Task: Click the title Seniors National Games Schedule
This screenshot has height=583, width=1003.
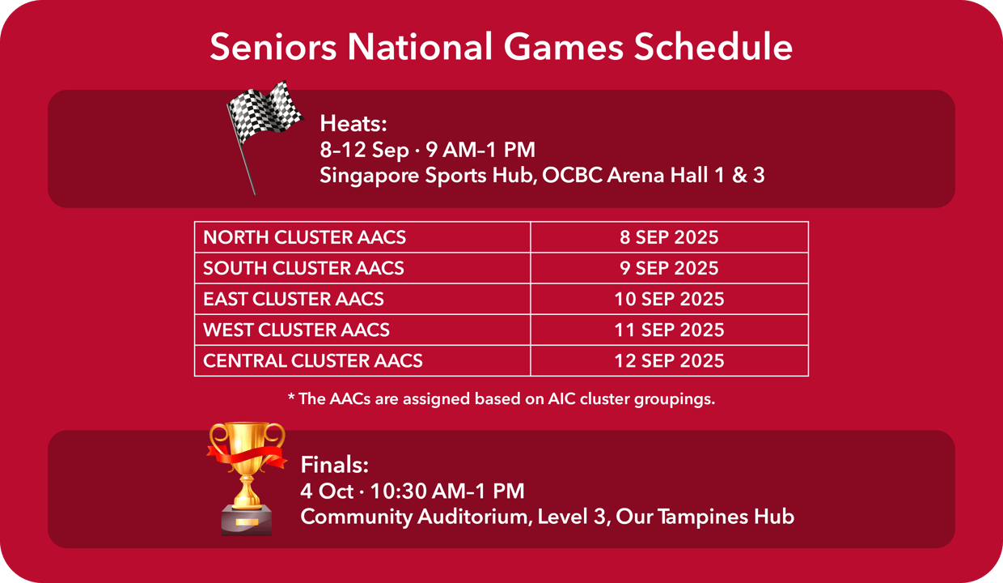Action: coord(501,47)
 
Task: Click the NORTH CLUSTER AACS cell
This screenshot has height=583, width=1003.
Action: coord(362,237)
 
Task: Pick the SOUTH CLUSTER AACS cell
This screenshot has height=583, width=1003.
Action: coord(362,268)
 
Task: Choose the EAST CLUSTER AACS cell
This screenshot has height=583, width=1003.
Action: coord(362,299)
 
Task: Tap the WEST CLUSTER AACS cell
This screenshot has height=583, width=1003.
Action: coord(362,330)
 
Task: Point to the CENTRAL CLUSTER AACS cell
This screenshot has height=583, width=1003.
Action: coord(362,360)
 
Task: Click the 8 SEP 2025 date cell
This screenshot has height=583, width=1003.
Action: coord(669,237)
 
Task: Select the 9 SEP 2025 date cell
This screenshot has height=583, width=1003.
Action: coord(669,268)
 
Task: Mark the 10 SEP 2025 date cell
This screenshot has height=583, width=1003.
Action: coord(669,299)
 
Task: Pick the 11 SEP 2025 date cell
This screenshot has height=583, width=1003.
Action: coord(669,330)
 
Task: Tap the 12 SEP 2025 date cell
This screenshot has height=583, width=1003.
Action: coord(669,360)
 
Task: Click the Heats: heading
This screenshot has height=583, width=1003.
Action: coord(354,124)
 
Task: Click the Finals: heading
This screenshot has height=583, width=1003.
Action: coord(335,465)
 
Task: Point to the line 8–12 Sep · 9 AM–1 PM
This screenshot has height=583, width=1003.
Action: coord(427,150)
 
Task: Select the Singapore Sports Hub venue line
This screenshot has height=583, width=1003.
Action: coord(542,175)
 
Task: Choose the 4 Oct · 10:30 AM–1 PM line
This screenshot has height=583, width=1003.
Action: coord(413,491)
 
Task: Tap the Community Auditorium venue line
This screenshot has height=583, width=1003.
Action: coord(547,517)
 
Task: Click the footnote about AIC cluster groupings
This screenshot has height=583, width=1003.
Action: coord(501,399)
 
